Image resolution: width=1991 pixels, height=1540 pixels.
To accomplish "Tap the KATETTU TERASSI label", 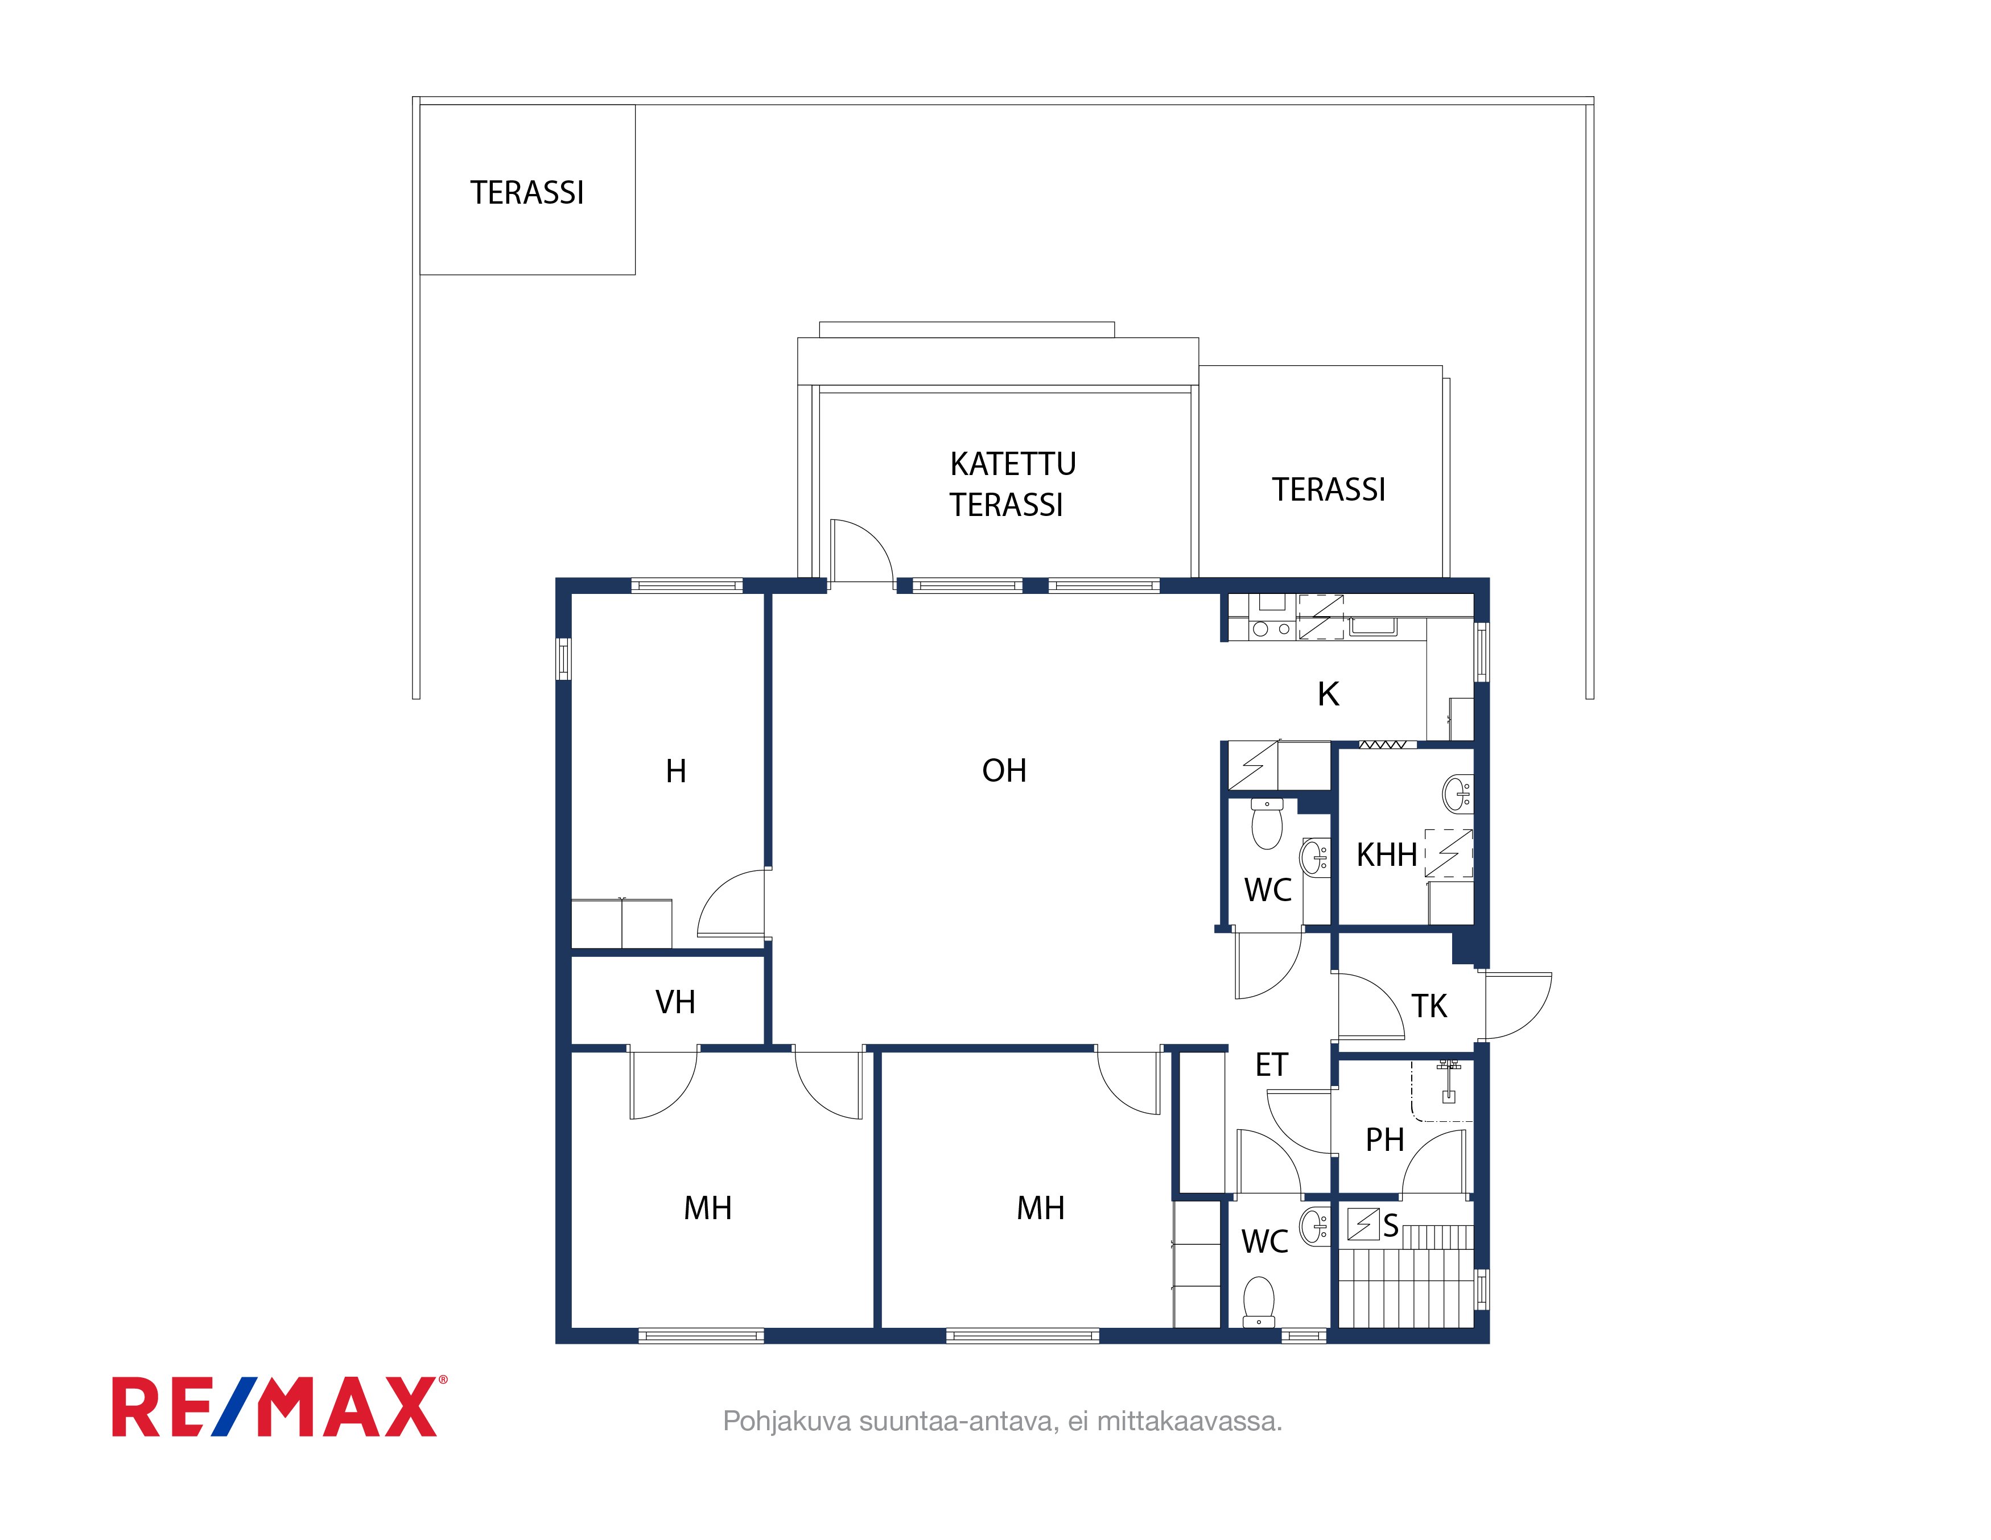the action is point(1012,484).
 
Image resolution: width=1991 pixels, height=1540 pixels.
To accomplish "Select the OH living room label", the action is point(1004,771).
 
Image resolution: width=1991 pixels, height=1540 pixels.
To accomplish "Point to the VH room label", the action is point(675,1002).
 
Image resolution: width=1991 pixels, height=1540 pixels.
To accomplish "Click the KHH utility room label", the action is point(1387,854).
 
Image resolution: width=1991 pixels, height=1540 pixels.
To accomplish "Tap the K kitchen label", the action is point(1328,695).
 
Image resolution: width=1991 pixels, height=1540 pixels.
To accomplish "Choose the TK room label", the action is point(1429,1006).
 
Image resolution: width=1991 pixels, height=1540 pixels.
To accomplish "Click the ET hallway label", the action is point(1272,1064).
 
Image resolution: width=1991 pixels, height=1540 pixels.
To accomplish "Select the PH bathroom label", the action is point(1385,1139).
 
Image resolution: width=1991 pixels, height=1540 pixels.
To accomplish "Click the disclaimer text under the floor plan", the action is point(1002,1422).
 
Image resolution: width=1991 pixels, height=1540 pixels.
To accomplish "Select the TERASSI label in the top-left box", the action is point(527,193).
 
